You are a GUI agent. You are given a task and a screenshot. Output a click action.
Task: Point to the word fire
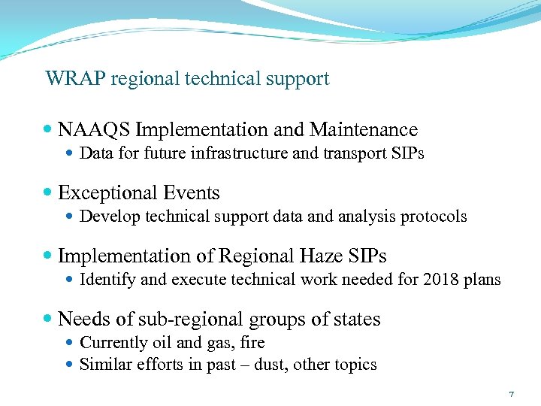[x=252, y=343]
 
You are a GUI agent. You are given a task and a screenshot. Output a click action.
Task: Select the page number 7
[x=511, y=394]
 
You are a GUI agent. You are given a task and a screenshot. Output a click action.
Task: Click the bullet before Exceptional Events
[x=49, y=193]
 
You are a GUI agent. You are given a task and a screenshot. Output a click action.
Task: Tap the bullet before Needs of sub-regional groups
[x=49, y=320]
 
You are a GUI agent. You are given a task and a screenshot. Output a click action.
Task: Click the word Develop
[x=106, y=217]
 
